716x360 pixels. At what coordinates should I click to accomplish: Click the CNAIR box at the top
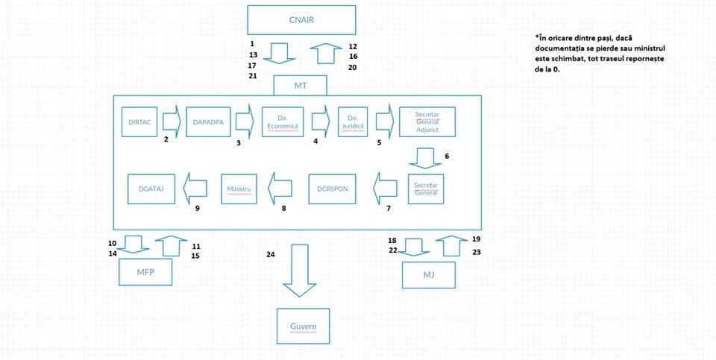301,20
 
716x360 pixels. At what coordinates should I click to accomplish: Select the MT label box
300,86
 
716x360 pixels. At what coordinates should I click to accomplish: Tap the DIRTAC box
139,121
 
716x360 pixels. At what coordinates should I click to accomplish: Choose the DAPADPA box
208,121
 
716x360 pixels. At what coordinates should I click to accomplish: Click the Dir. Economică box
283,121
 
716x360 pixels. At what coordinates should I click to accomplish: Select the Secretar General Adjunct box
427,121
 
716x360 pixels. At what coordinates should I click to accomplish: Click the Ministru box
239,189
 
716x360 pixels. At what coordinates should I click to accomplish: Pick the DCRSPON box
332,189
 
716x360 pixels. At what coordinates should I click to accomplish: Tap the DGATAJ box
151,189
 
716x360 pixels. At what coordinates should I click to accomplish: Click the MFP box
145,272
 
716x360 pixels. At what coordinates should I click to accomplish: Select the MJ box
429,275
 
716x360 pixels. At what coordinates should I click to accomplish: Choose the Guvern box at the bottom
304,326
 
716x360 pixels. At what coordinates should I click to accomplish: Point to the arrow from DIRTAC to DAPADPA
172,121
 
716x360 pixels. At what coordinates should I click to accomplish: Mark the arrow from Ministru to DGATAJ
195,189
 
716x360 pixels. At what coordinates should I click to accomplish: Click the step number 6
447,156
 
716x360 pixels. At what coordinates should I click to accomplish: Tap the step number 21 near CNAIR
253,76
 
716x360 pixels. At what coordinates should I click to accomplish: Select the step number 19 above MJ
477,239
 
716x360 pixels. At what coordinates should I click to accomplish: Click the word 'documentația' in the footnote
555,48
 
